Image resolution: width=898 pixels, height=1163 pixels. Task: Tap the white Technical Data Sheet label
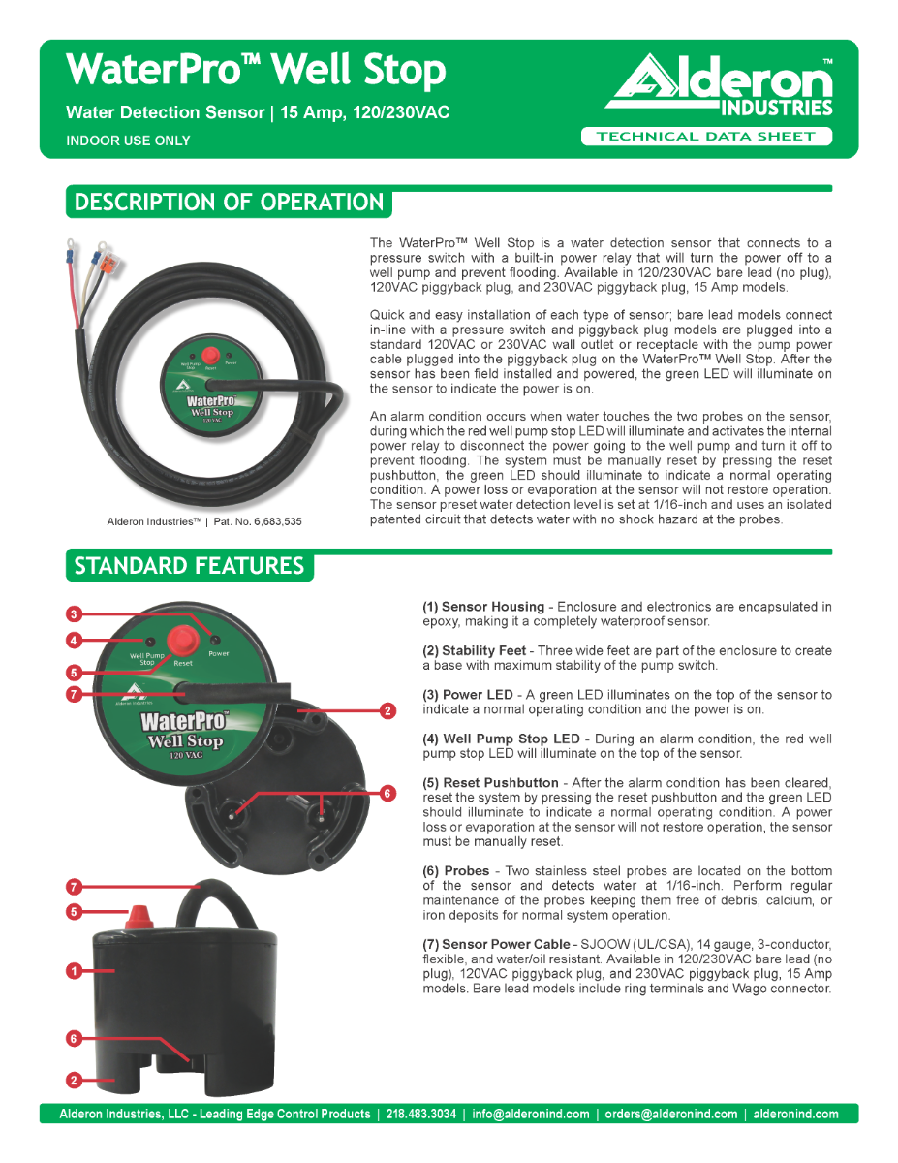point(706,137)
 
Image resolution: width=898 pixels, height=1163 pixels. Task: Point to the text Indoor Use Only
point(128,141)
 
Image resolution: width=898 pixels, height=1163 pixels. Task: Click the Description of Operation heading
point(230,204)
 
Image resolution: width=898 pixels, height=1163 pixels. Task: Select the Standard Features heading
point(189,566)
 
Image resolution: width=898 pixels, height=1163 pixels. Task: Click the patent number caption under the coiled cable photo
point(203,521)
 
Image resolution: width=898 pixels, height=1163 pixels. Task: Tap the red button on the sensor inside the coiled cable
point(209,354)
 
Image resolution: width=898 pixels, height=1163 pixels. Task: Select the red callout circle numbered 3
point(73,613)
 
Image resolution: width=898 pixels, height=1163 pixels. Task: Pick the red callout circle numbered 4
point(73,640)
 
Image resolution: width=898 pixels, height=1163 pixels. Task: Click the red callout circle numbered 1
point(73,970)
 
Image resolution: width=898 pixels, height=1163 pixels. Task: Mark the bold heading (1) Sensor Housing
point(482,607)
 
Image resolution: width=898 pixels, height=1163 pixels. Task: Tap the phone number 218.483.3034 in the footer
point(420,1114)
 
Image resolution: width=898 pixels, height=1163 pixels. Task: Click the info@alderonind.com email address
point(531,1114)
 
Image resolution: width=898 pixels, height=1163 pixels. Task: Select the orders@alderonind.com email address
point(670,1114)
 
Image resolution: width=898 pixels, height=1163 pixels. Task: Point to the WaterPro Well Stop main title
point(257,71)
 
